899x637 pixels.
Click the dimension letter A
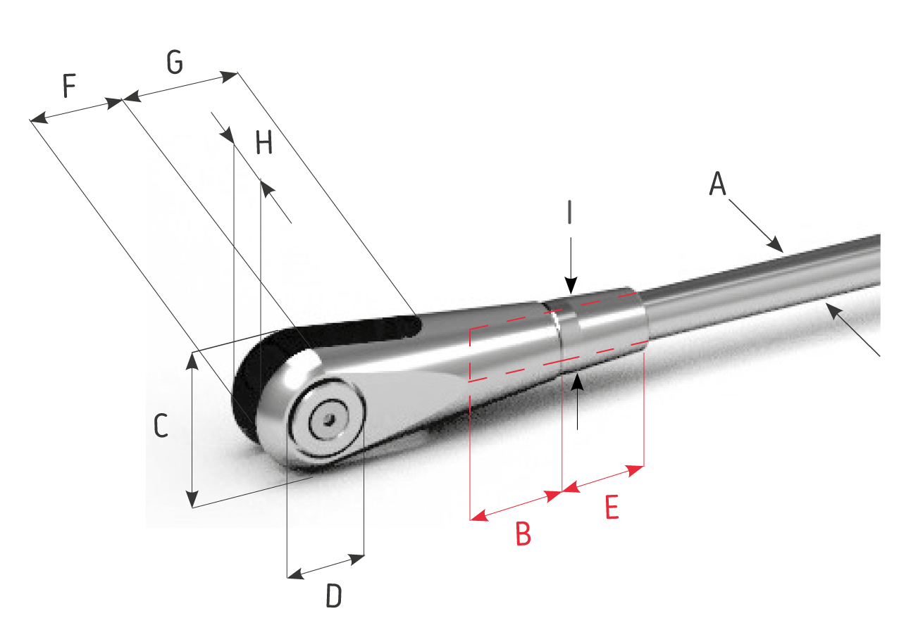[717, 183]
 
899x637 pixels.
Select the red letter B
[523, 533]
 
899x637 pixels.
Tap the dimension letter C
[161, 425]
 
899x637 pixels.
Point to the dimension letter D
[333, 595]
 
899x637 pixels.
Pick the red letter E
[612, 507]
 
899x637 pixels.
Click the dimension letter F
[70, 85]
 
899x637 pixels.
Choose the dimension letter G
[175, 62]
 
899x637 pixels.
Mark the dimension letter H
[263, 143]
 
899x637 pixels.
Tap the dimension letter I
[569, 212]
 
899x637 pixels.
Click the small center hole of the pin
[329, 420]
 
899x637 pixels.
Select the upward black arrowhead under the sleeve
[577, 382]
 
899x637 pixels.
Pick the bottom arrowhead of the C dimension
[192, 499]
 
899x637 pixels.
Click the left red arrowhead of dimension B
[479, 515]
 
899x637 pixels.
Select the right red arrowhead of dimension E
[635, 470]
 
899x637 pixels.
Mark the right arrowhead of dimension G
[229, 76]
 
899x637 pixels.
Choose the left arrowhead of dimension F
[39, 118]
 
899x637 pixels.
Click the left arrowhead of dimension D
[295, 574]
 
